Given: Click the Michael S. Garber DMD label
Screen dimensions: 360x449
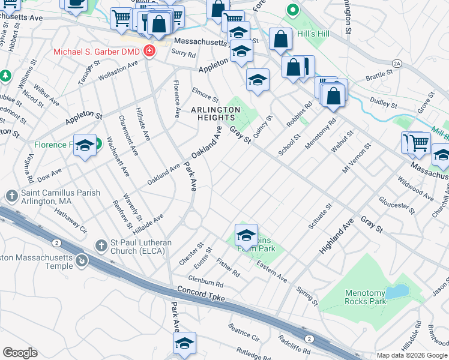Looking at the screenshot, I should [x=96, y=52].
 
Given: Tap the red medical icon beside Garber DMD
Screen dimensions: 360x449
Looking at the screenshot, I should [x=148, y=52].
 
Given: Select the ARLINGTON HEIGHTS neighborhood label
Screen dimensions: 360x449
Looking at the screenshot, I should [x=215, y=113].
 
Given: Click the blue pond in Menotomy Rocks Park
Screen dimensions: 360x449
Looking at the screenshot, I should [x=395, y=292].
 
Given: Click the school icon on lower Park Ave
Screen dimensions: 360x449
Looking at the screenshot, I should [x=184, y=342].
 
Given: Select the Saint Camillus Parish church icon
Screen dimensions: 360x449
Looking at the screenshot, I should [x=11, y=196].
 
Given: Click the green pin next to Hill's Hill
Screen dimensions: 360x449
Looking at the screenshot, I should [x=292, y=10].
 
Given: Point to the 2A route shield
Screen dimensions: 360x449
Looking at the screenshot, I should [x=396, y=62].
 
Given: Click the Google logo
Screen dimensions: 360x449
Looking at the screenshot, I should [x=20, y=353].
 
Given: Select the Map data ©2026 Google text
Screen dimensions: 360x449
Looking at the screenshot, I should [x=412, y=355].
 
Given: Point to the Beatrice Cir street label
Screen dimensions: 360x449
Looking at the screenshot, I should [x=244, y=332].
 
